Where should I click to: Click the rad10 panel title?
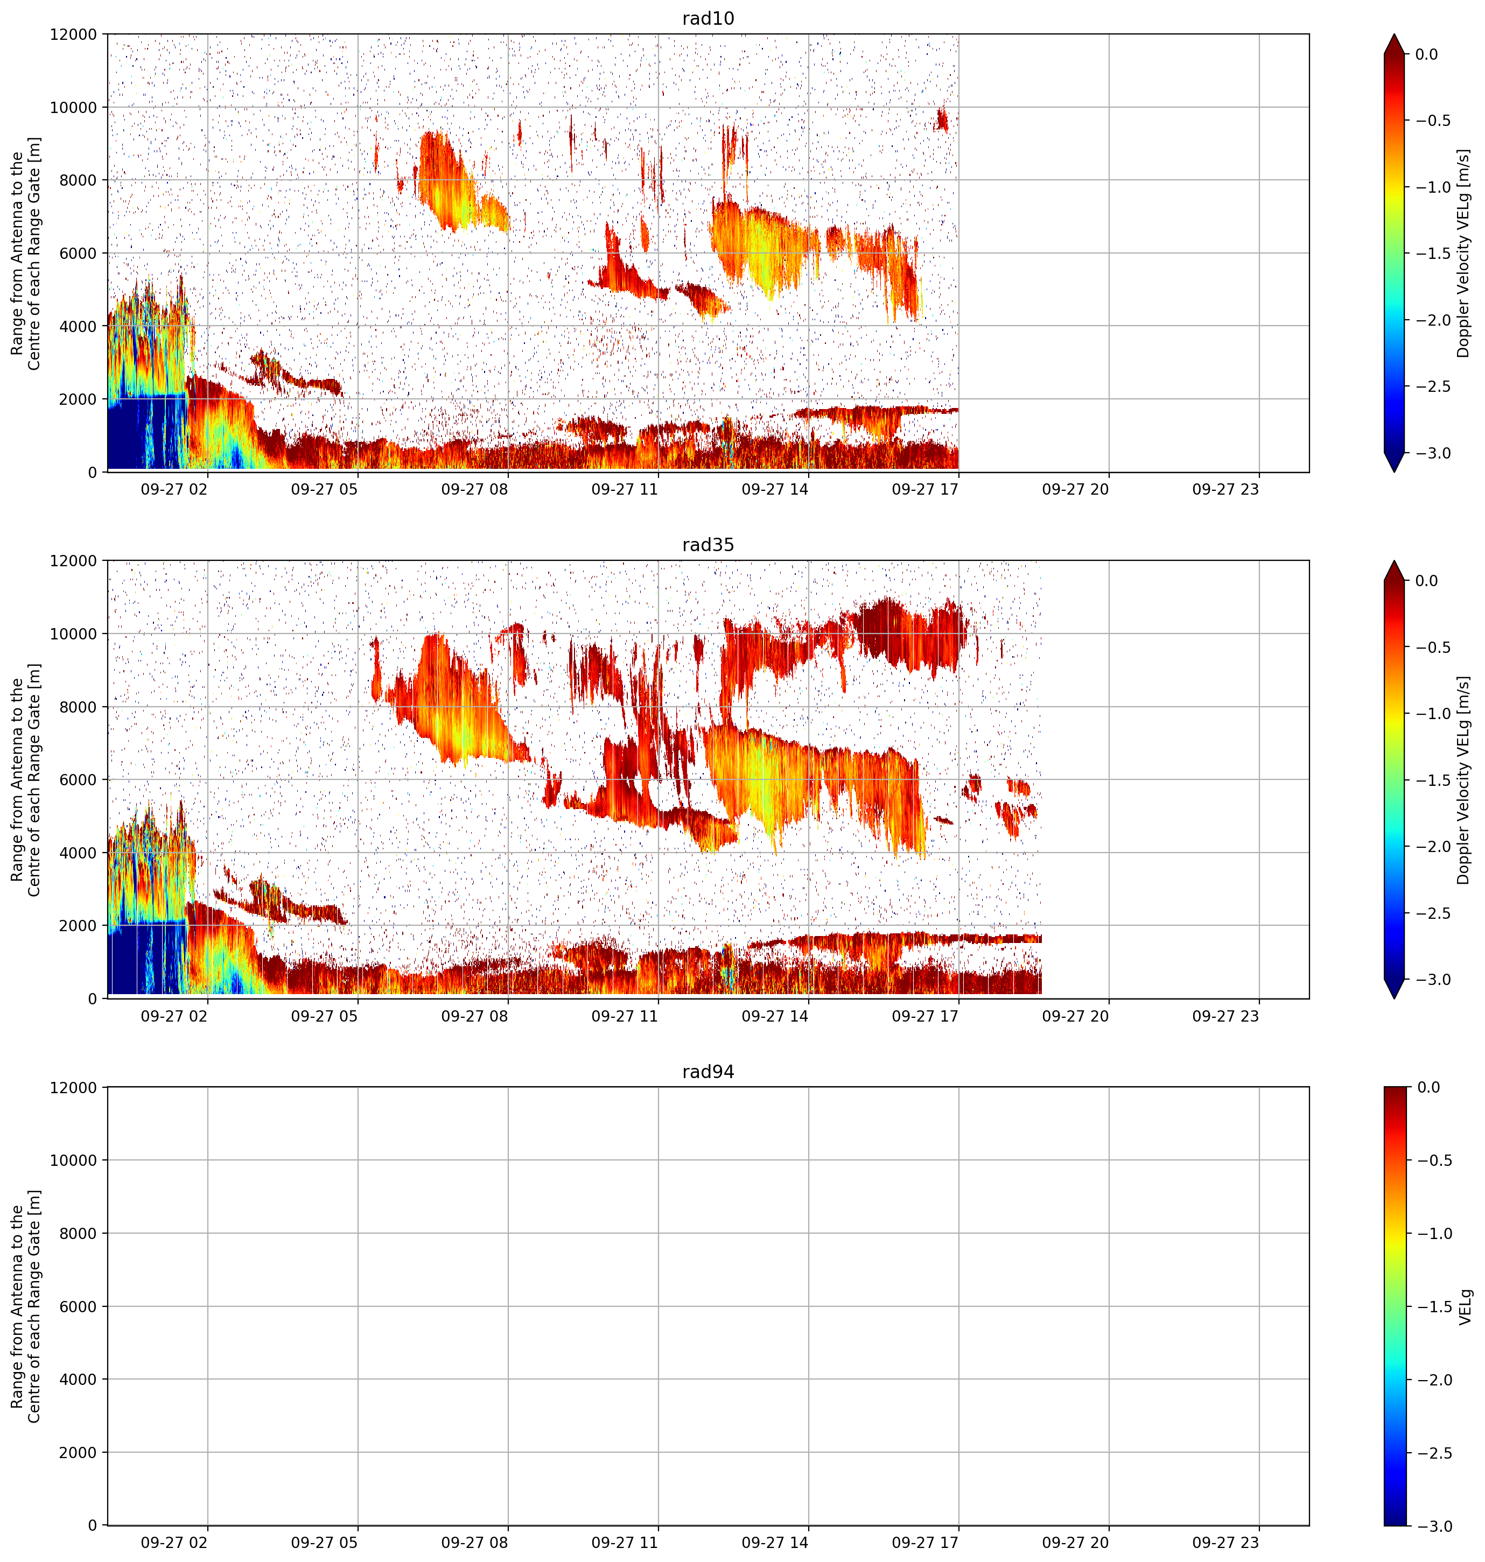pyautogui.click(x=708, y=18)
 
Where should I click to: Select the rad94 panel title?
pyautogui.click(x=708, y=1072)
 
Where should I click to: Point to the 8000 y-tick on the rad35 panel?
pyautogui.click(x=81, y=707)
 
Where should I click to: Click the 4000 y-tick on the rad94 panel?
pyautogui.click(x=81, y=1379)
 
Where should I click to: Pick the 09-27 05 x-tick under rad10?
pyautogui.click(x=325, y=489)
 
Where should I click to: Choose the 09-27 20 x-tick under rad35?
pyautogui.click(x=1075, y=1016)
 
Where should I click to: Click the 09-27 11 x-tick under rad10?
pyautogui.click(x=625, y=489)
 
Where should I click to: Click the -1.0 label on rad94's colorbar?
pyautogui.click(x=1433, y=1233)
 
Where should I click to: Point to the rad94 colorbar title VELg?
pyautogui.click(x=1465, y=1306)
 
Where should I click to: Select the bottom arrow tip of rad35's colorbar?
pyautogui.click(x=1394, y=998)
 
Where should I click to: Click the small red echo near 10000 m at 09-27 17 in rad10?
pyautogui.click(x=941, y=119)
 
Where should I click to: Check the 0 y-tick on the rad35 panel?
pyautogui.click(x=93, y=998)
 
